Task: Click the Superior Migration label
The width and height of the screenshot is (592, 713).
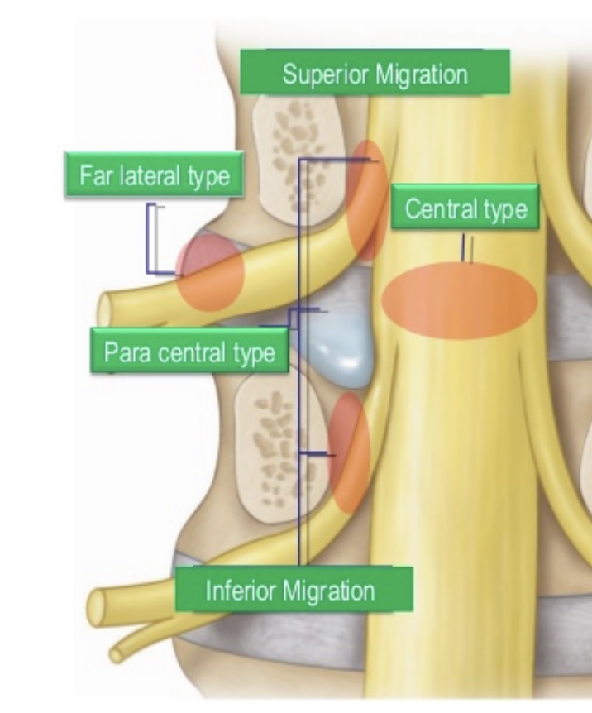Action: [x=375, y=74]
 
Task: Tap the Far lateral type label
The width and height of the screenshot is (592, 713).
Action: [x=155, y=175]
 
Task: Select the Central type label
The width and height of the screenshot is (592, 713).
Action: [x=465, y=209]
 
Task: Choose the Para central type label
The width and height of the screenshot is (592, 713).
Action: [x=189, y=353]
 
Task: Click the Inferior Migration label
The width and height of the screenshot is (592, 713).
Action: [x=289, y=591]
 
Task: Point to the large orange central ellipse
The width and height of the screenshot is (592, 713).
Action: [x=459, y=301]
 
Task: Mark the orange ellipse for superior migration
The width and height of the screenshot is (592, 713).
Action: [x=367, y=199]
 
